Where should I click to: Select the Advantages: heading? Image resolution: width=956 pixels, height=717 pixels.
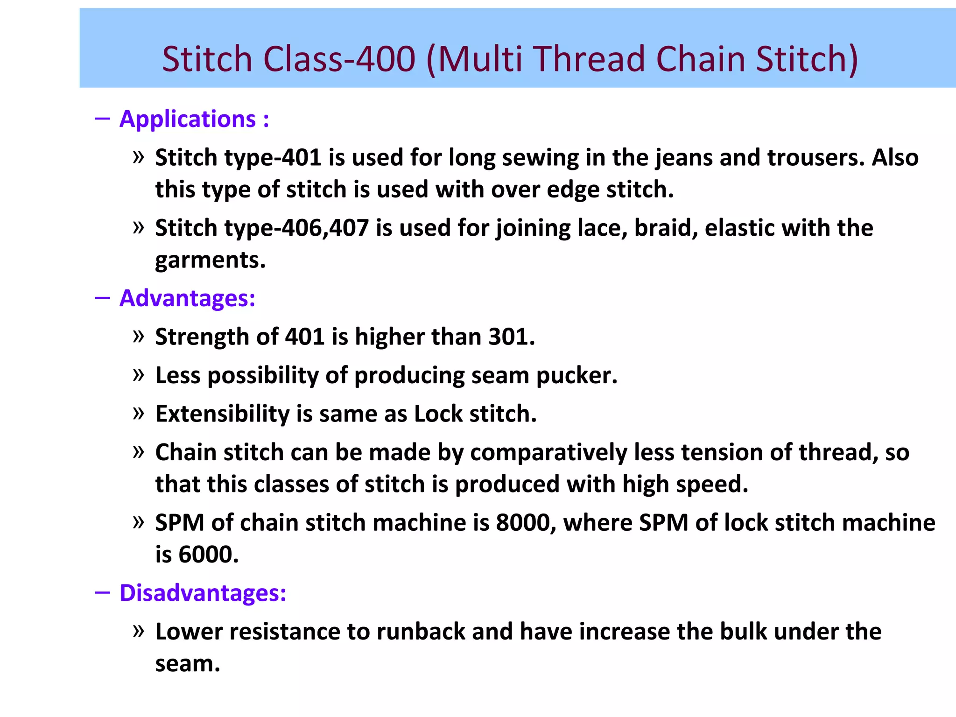point(187,298)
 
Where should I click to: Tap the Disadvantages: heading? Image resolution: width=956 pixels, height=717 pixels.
point(203,593)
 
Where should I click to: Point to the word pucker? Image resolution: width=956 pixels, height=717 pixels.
point(576,376)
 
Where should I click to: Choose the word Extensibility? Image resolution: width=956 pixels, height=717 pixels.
point(222,414)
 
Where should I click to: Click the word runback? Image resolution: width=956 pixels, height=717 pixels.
point(421,632)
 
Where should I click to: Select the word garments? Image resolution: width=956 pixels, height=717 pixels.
point(210,260)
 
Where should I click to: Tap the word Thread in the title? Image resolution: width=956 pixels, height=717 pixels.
point(590,59)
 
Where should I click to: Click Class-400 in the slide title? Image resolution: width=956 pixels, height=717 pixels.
point(339,59)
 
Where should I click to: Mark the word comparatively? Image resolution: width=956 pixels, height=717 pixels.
point(548,453)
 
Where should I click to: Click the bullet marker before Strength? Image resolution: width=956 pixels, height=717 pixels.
point(138,336)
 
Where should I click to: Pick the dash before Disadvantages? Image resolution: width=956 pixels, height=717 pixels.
point(102,593)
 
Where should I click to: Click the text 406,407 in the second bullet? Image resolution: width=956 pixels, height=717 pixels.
point(325,228)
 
